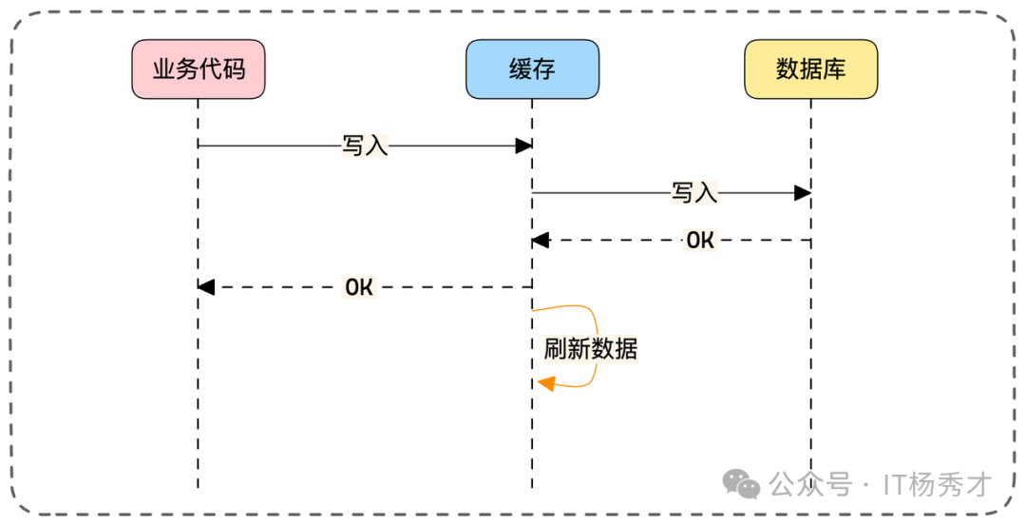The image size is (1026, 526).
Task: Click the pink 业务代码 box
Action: [198, 69]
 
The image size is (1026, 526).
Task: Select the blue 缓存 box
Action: [532, 69]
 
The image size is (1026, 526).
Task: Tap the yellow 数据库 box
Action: [810, 69]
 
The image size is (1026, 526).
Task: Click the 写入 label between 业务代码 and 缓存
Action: [365, 146]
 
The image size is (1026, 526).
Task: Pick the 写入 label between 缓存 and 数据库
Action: [694, 193]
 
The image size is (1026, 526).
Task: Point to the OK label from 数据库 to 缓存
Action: [699, 241]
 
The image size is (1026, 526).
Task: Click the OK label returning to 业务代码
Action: [359, 287]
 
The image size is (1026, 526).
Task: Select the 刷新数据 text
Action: [590, 349]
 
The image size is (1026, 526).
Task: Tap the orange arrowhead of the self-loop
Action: [545, 383]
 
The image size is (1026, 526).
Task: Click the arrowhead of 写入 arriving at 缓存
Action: [523, 146]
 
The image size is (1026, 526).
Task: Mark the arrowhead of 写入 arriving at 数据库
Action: [803, 193]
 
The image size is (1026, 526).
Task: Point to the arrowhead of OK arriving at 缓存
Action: [541, 241]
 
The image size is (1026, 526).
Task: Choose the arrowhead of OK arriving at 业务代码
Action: [206, 287]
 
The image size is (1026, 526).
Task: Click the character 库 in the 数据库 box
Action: [834, 69]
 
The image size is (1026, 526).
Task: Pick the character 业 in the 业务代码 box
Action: [163, 69]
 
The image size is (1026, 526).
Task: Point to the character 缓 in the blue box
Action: [520, 69]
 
